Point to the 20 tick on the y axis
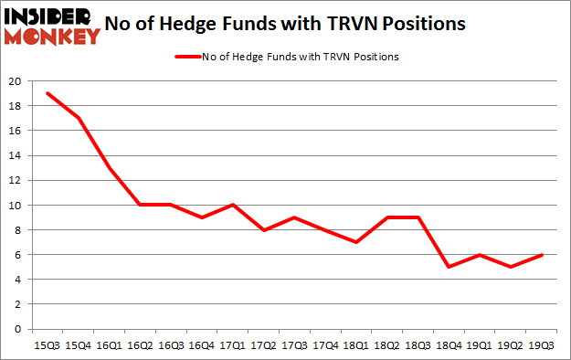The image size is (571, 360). coord(16,81)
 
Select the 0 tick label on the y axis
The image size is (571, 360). coord(18,329)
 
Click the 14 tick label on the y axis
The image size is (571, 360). coord(16,155)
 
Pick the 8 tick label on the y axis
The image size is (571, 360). coord(18,230)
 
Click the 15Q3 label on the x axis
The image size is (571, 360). coord(48,344)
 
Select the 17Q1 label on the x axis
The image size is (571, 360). coord(233,344)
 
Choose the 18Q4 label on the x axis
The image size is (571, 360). coord(448,344)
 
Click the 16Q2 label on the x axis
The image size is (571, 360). coord(141,344)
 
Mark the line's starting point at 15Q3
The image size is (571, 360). coord(48,93)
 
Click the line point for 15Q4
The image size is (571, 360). coord(79,118)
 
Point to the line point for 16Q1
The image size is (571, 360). coord(110,167)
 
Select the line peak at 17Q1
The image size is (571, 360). coord(233,205)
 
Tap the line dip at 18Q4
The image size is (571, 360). coord(448,267)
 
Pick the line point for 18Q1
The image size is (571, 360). coord(355,242)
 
